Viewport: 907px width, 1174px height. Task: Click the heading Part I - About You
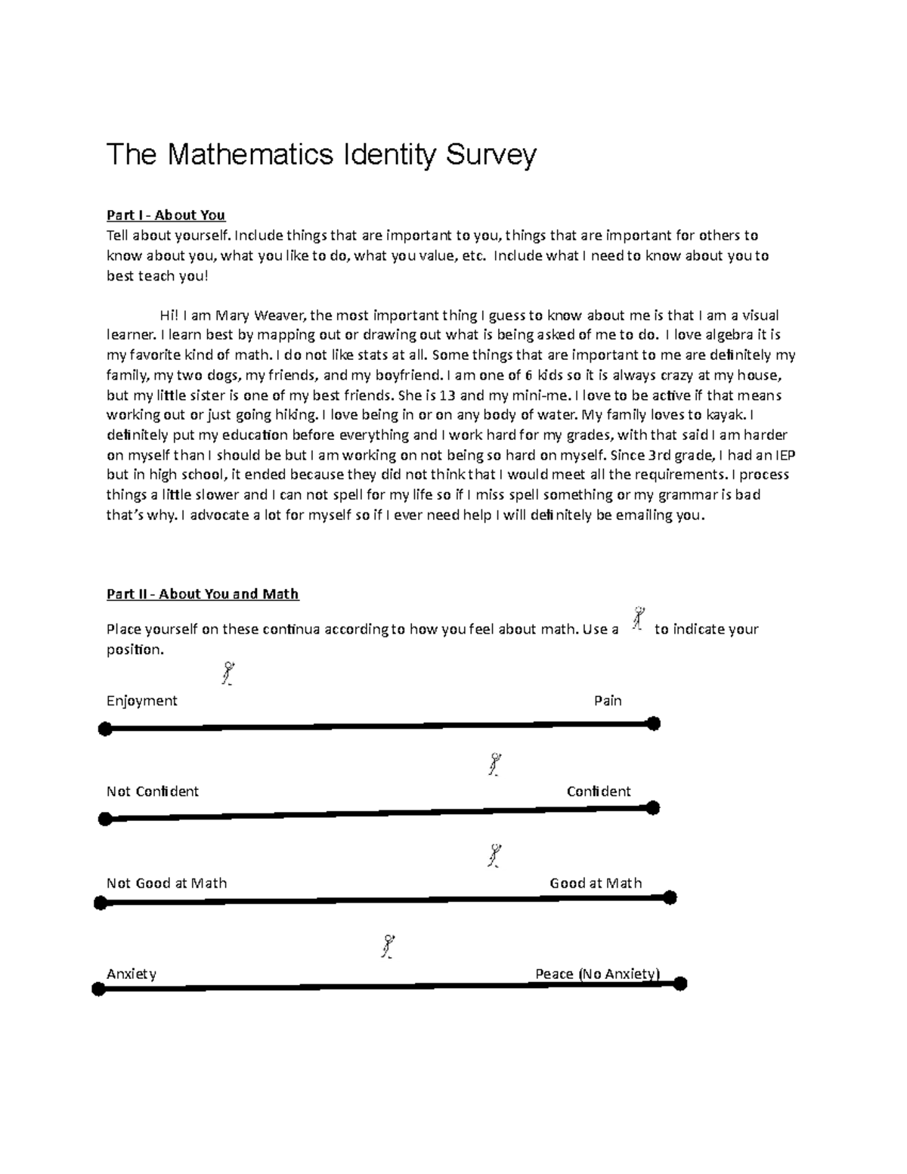[x=166, y=215]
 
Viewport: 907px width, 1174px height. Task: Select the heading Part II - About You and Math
[x=203, y=594]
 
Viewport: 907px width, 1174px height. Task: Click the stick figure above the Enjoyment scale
[x=227, y=673]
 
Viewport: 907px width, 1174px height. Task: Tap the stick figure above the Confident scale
[x=495, y=764]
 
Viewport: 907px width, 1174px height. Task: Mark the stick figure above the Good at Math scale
[x=495, y=856]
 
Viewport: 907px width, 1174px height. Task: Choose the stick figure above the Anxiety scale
[x=388, y=946]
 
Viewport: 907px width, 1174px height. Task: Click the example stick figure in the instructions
[x=639, y=618]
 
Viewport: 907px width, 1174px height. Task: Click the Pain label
[x=608, y=701]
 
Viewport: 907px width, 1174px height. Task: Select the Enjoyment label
[x=141, y=701]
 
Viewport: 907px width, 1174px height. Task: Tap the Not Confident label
[x=152, y=791]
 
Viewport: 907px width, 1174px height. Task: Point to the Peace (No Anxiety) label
[x=597, y=974]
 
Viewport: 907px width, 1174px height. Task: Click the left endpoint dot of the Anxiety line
[x=98, y=990]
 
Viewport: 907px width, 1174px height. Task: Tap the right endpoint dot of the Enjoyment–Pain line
[x=654, y=723]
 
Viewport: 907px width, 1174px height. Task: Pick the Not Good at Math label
[x=166, y=883]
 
